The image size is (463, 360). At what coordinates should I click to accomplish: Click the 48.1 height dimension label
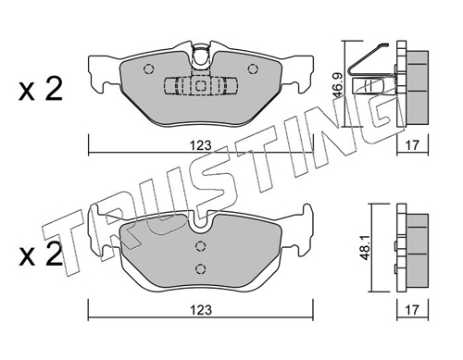[x=366, y=248]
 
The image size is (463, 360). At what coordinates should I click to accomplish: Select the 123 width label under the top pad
[x=201, y=145]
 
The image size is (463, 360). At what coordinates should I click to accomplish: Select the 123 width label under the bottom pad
[x=201, y=310]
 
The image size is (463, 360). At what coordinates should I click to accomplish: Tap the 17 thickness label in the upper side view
[x=412, y=144]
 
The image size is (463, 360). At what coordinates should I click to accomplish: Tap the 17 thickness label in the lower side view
[x=412, y=310]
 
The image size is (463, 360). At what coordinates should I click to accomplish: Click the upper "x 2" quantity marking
[x=41, y=89]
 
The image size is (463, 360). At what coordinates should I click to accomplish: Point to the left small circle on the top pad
[x=148, y=68]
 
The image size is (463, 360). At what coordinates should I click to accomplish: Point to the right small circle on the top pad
[x=253, y=68]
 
